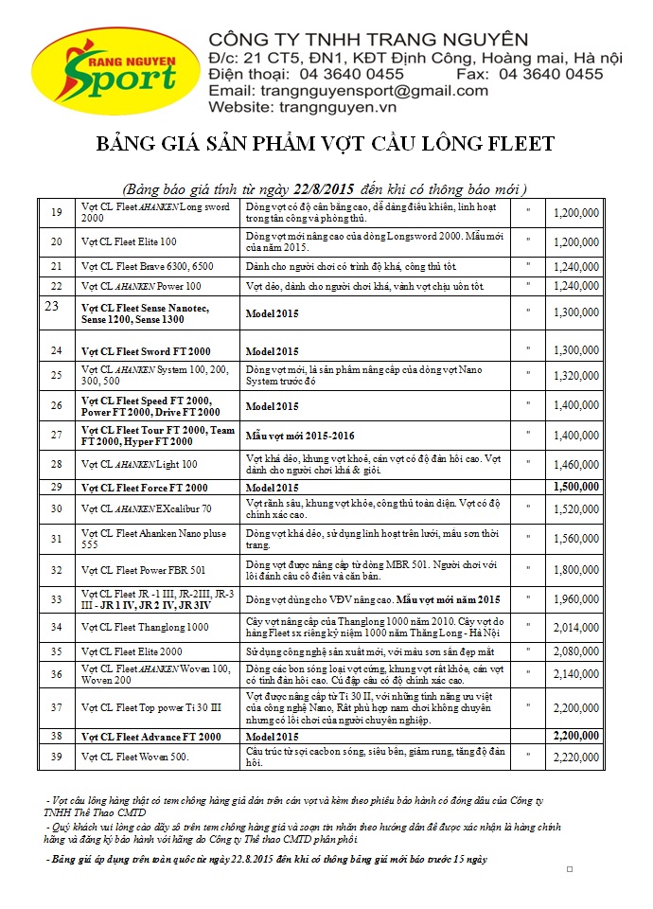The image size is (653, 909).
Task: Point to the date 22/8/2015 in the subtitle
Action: pyautogui.click(x=305, y=188)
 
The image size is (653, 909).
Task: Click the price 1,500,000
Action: pyautogui.click(x=575, y=487)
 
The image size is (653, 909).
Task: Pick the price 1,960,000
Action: pyautogui.click(x=575, y=599)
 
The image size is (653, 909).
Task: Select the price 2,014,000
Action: pyautogui.click(x=575, y=627)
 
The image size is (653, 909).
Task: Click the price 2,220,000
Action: pyautogui.click(x=575, y=757)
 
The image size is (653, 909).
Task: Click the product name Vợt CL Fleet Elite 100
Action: pyautogui.click(x=130, y=241)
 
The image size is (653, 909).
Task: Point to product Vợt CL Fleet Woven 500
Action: pyautogui.click(x=134, y=757)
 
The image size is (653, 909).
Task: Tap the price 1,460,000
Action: pyautogui.click(x=575, y=464)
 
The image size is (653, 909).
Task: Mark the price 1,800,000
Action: pyautogui.click(x=575, y=570)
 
